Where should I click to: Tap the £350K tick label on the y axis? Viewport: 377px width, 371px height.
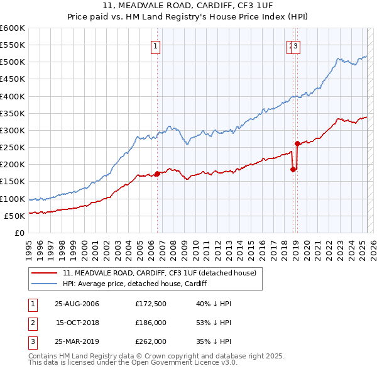click(13, 113)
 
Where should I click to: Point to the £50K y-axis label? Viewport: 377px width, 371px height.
click(15, 216)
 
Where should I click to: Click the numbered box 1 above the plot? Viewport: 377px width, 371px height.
click(155, 45)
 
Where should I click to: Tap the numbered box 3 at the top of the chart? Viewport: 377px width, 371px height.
click(295, 45)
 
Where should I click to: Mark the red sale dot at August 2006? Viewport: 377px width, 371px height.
click(157, 174)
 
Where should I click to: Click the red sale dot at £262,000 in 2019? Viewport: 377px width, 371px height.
click(297, 143)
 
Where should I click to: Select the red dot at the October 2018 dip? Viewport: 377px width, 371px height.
click(293, 169)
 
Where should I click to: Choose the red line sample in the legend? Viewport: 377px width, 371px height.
click(45, 274)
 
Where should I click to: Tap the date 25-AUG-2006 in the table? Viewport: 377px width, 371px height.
click(77, 304)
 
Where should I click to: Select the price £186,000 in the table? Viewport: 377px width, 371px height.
click(150, 323)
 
